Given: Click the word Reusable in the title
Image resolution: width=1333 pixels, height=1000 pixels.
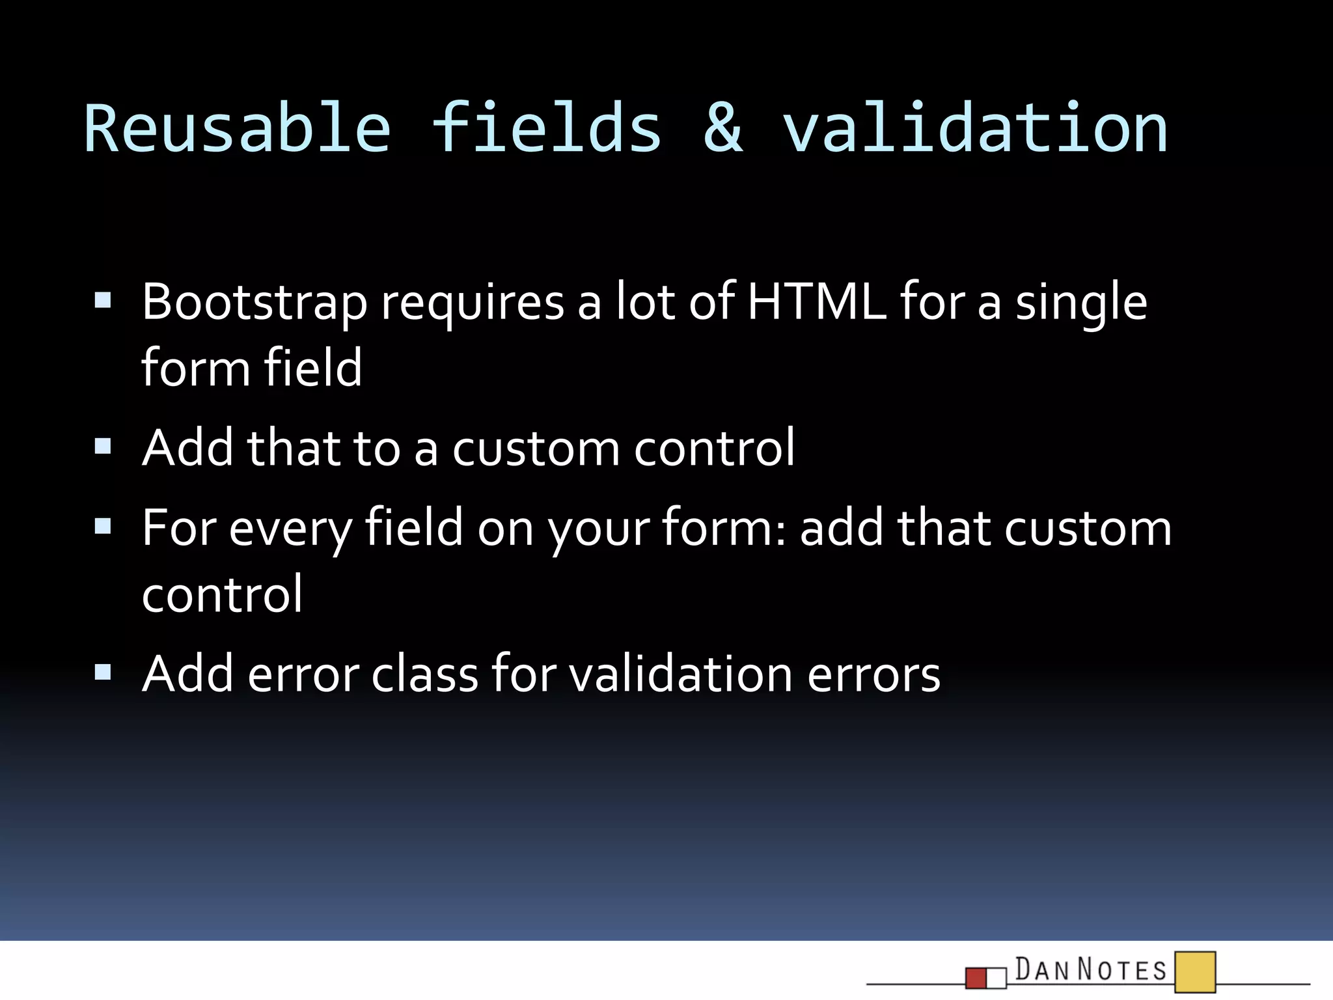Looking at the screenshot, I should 238,129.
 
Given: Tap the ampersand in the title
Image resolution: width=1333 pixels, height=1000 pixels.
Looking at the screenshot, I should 722,129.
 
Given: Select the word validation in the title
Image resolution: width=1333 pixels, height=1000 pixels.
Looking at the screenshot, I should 974,129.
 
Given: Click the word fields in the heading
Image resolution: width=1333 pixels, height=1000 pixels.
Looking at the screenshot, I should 547,129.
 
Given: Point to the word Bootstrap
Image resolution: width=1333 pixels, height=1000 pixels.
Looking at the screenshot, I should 254,303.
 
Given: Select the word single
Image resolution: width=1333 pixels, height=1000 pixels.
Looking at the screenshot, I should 1081,304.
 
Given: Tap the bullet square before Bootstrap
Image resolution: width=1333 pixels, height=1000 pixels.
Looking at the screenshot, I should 103,301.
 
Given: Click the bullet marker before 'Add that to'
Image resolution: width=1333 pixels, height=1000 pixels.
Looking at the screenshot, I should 103,447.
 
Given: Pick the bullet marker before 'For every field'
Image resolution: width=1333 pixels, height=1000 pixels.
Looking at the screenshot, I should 103,526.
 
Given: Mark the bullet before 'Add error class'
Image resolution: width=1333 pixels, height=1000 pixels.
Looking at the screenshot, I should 103,672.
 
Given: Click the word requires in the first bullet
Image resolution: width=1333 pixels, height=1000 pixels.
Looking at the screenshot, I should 472,304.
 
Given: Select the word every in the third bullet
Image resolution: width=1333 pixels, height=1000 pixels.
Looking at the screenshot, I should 290,529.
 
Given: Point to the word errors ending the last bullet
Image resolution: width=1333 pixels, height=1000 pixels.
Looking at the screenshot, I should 873,675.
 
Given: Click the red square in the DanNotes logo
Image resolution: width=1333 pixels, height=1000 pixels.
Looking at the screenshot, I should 976,978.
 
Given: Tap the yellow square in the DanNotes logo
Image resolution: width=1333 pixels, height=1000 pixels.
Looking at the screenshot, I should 1195,971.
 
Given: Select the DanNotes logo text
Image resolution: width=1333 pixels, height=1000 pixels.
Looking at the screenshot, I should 1091,969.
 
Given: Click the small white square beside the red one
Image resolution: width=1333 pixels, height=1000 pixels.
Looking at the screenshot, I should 996,978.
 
